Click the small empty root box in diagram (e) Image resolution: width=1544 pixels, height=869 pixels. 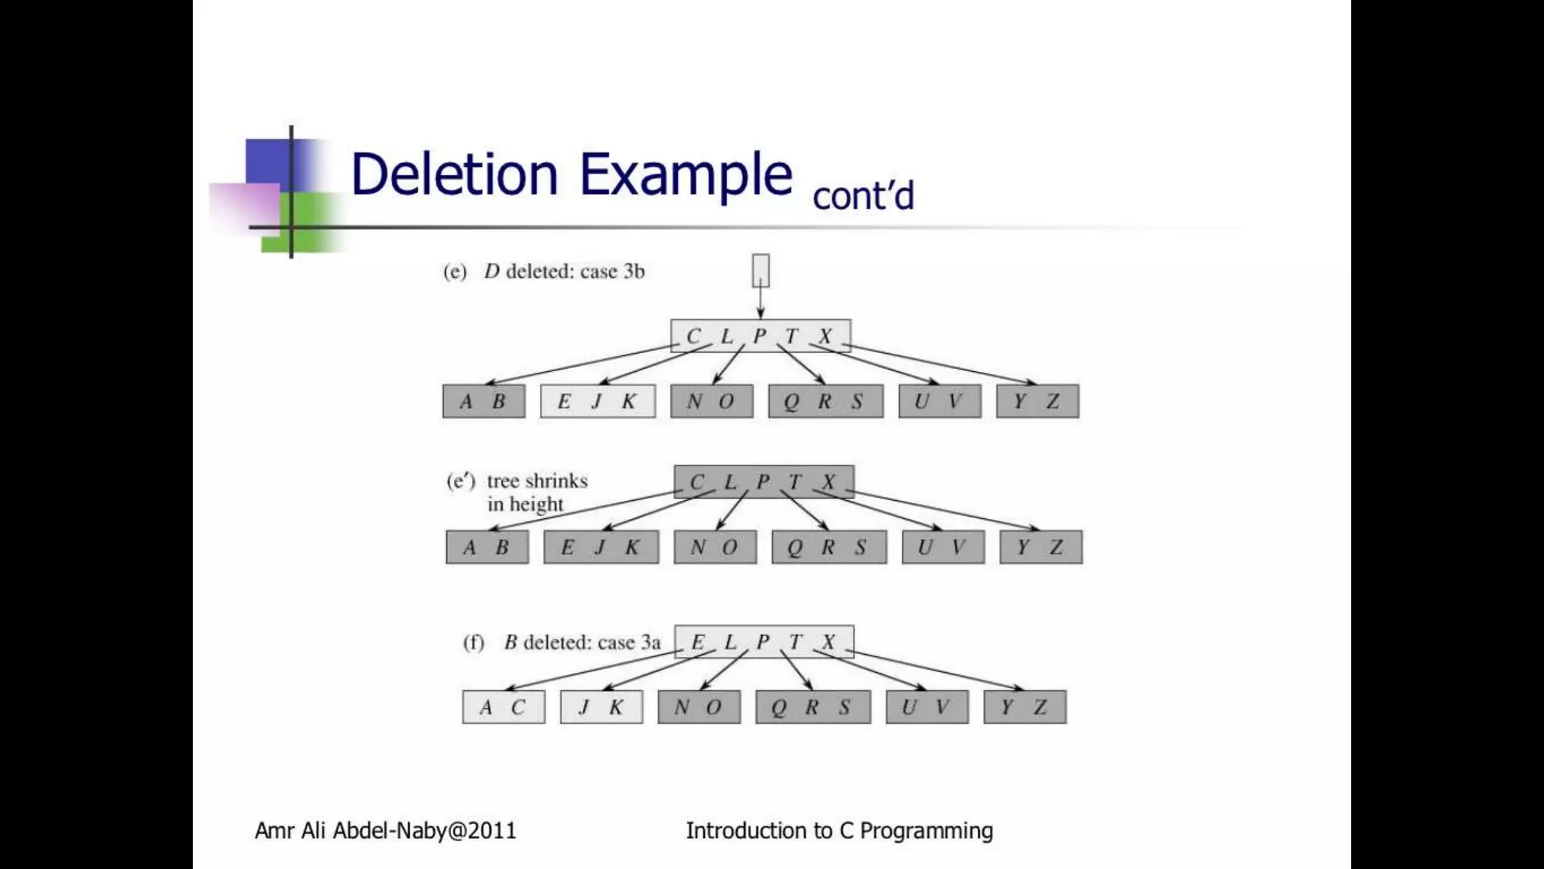(x=761, y=270)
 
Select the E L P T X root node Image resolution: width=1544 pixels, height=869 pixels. (x=764, y=642)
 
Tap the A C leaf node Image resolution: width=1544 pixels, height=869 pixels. (x=504, y=707)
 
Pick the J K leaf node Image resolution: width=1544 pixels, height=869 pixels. (x=602, y=707)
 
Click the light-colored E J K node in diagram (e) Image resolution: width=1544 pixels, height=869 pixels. (x=598, y=401)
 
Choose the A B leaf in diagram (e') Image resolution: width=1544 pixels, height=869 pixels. (x=487, y=547)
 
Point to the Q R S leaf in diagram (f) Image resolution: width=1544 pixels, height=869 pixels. (x=813, y=707)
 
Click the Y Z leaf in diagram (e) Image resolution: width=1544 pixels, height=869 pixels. (x=1037, y=401)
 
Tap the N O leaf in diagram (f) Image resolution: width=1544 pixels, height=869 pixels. (x=699, y=707)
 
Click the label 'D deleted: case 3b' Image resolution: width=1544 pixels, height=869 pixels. (x=564, y=272)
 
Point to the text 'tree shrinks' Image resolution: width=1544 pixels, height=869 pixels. (x=537, y=481)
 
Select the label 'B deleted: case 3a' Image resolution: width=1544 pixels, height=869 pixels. (x=582, y=643)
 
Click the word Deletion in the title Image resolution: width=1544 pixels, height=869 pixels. (x=455, y=174)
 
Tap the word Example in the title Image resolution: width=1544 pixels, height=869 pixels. (x=685, y=174)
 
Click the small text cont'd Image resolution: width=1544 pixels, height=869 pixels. (x=863, y=196)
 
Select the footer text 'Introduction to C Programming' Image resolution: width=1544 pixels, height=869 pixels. (x=839, y=831)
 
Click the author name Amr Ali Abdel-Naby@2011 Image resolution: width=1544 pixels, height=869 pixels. (x=385, y=831)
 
